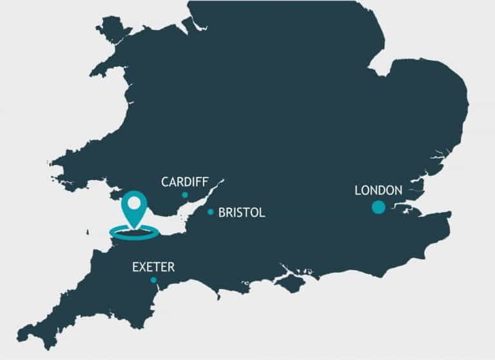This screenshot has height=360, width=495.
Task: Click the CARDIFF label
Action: [x=184, y=182]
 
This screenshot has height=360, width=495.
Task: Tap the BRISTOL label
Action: [x=242, y=212]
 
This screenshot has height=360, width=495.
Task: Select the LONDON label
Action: [x=378, y=190]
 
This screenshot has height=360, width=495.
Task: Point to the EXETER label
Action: [x=153, y=266]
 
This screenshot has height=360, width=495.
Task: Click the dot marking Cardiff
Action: [x=185, y=195]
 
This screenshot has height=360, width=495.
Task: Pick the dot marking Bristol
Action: [x=211, y=212]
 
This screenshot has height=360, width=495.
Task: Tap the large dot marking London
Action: [x=378, y=207]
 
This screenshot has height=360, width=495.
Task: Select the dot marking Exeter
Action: [x=153, y=280]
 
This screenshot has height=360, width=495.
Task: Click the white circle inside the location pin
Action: [x=134, y=203]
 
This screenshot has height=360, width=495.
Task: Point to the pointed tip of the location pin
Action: [x=134, y=228]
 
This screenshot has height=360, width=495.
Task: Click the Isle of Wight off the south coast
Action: [x=291, y=283]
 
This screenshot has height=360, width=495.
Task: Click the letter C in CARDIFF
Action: [x=165, y=182]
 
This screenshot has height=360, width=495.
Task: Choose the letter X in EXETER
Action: [x=144, y=266]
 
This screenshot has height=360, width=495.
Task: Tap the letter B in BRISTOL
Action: [x=222, y=212]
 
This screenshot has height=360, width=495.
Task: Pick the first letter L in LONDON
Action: [x=358, y=190]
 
